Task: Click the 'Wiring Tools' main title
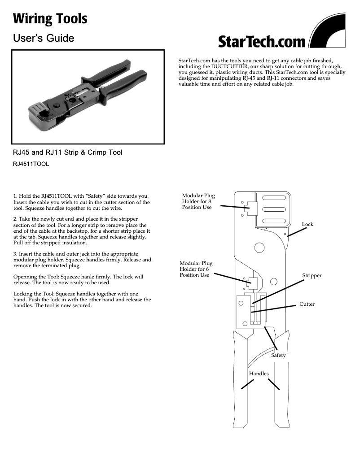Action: pyautogui.click(x=50, y=19)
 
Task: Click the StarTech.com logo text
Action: pyautogui.click(x=262, y=42)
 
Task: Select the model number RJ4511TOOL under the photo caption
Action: pyautogui.click(x=31, y=164)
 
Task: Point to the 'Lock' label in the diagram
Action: pyautogui.click(x=307, y=224)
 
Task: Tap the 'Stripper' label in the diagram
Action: pyautogui.click(x=312, y=275)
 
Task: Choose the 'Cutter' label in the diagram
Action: pyautogui.click(x=307, y=304)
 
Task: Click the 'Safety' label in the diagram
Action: pyautogui.click(x=278, y=355)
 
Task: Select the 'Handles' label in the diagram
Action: pyautogui.click(x=259, y=374)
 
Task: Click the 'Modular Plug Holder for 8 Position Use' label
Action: pyautogui.click(x=198, y=201)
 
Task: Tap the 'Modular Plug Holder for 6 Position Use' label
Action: pyautogui.click(x=196, y=269)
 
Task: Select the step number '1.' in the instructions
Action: pyautogui.click(x=15, y=196)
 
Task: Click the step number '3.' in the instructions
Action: pyautogui.click(x=15, y=254)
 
